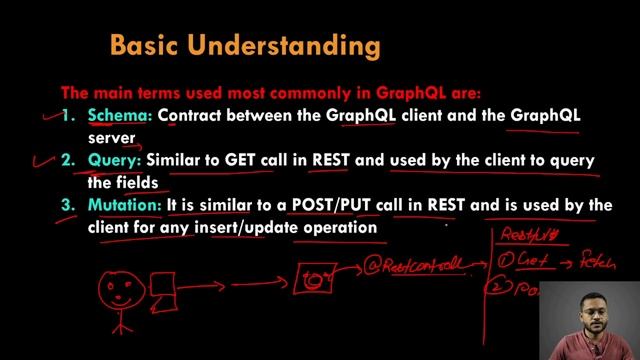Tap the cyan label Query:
pyautogui.click(x=116, y=160)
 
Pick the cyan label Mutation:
pyautogui.click(x=125, y=205)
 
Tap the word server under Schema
pyautogui.click(x=111, y=137)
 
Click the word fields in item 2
pyautogui.click(x=136, y=182)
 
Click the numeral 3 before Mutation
pyautogui.click(x=67, y=205)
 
